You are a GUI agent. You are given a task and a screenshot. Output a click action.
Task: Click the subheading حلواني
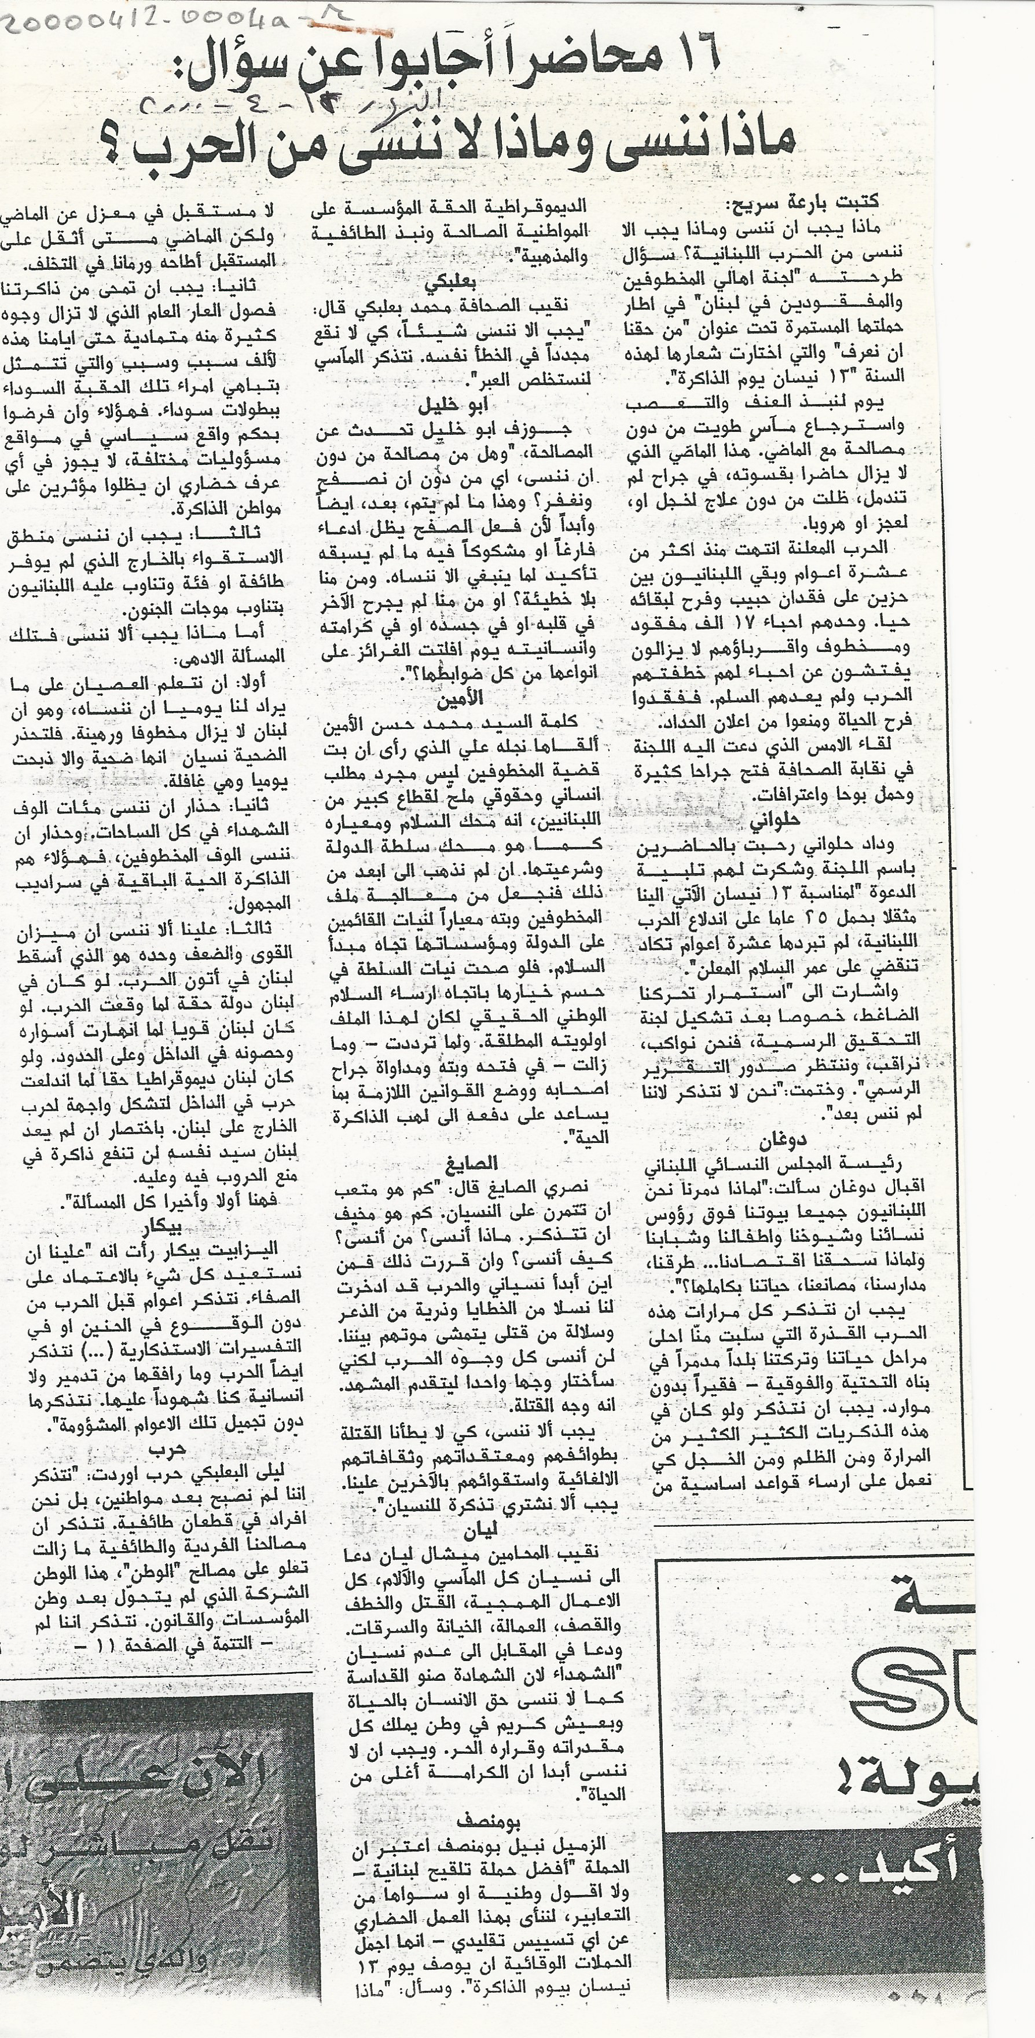click(x=779, y=818)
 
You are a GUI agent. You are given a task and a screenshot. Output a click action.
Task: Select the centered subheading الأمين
click(x=460, y=699)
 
